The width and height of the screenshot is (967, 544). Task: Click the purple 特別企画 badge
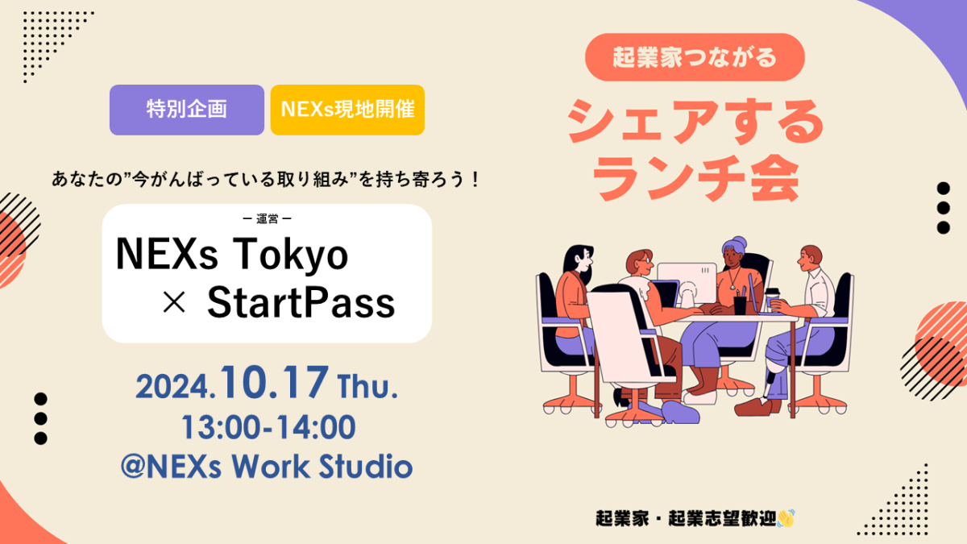pos(186,110)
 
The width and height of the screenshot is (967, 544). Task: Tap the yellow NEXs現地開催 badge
pos(347,110)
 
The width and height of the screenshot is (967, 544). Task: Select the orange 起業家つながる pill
pos(695,57)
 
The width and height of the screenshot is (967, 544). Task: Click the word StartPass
pos(301,303)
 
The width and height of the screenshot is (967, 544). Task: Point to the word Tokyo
pos(291,255)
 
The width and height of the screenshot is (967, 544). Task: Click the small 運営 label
pos(268,219)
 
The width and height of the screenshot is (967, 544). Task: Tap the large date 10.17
pos(275,382)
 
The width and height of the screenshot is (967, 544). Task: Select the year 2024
pos(176,387)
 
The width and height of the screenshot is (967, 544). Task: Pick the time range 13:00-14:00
pos(268,427)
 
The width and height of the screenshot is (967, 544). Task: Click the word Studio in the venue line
pos(366,467)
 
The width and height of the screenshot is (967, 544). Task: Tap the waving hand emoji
pos(786,518)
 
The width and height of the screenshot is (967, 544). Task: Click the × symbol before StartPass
pos(174,302)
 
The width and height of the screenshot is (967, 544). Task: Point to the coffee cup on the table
pos(772,300)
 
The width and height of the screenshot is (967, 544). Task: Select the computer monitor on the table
pos(687,284)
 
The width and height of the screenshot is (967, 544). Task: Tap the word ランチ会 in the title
pos(695,178)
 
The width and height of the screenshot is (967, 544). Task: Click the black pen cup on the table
pos(740,305)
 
